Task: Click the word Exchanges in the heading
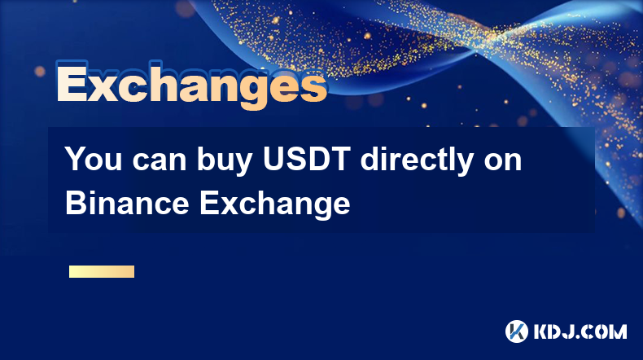(192, 84)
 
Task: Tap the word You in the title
(93, 159)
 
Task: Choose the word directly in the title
(417, 161)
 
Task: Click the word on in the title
(503, 162)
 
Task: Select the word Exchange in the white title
(275, 204)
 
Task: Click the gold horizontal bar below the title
(102, 271)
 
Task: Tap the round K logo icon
(517, 331)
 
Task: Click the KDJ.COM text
(580, 331)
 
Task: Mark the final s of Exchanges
(313, 88)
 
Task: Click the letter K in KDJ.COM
(542, 331)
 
